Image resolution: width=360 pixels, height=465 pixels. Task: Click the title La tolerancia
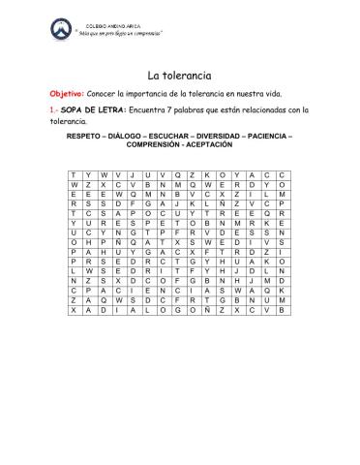coord(180,76)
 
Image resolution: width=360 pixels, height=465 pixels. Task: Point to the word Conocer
coord(104,94)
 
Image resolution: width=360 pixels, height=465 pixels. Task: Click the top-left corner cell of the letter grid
coord(74,173)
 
